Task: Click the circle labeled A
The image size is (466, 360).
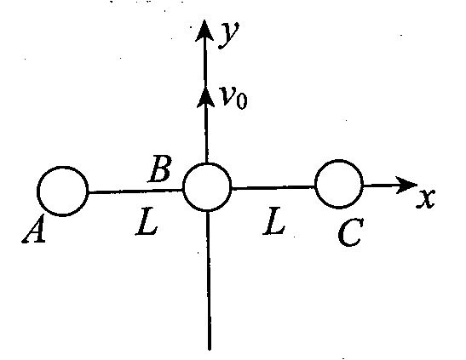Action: pos(37,191)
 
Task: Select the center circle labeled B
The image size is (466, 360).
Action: pos(183,187)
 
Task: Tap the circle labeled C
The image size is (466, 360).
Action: pos(315,184)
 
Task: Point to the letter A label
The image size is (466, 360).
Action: pos(34,229)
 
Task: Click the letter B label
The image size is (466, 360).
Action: pos(160,169)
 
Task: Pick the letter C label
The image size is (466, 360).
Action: pos(351,232)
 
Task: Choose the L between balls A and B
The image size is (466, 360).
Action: pos(147,222)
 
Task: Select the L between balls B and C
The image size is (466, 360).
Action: pos(273,221)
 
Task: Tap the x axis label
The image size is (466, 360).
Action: pos(426,198)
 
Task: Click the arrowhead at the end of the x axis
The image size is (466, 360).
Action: pos(406,185)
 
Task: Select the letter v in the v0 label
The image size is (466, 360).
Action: pos(229,96)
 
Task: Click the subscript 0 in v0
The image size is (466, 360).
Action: pos(242,101)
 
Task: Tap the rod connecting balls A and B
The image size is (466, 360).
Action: pos(135,191)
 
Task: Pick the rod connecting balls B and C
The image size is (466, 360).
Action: pos(273,187)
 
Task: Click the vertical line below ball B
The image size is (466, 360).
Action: pos(209,281)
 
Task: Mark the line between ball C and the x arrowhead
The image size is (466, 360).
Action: pos(379,186)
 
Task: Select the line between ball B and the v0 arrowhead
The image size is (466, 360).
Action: pos(205,134)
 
